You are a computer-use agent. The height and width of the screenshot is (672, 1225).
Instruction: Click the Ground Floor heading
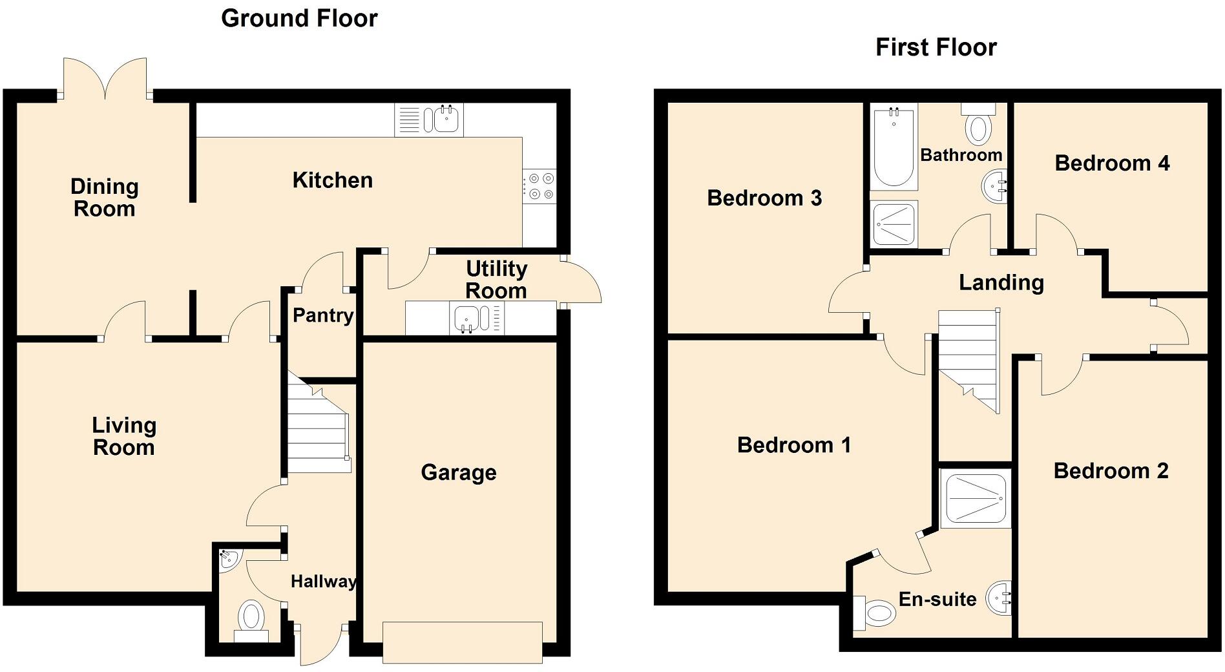click(299, 18)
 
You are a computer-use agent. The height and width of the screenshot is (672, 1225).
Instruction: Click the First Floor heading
click(936, 47)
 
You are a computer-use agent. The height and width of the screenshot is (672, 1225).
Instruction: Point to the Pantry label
click(322, 315)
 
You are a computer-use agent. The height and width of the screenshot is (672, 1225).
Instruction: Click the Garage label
click(458, 472)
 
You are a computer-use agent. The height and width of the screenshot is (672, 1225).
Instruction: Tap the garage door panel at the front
click(462, 642)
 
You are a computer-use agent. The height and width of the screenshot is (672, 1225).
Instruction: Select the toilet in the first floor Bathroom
click(978, 126)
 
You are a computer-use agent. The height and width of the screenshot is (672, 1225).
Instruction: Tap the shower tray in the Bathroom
click(894, 224)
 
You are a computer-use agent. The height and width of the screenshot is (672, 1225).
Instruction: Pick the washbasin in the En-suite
click(998, 598)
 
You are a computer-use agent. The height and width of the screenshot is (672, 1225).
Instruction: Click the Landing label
click(1001, 282)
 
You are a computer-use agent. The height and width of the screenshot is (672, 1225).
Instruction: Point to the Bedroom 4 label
click(1111, 163)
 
